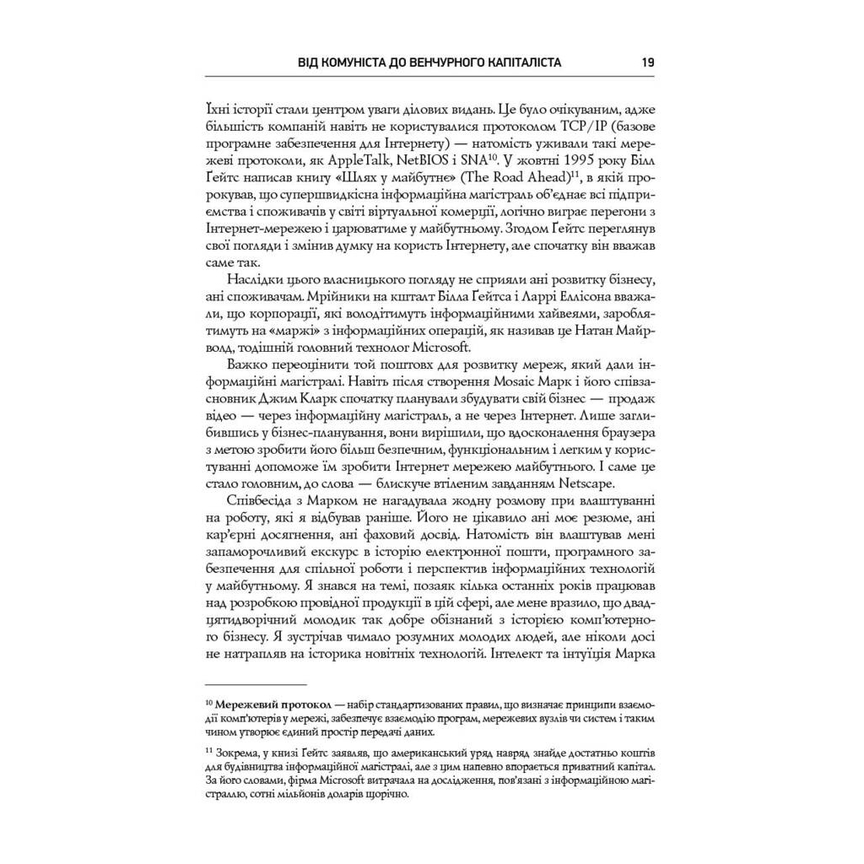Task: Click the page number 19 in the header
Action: [x=648, y=62]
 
